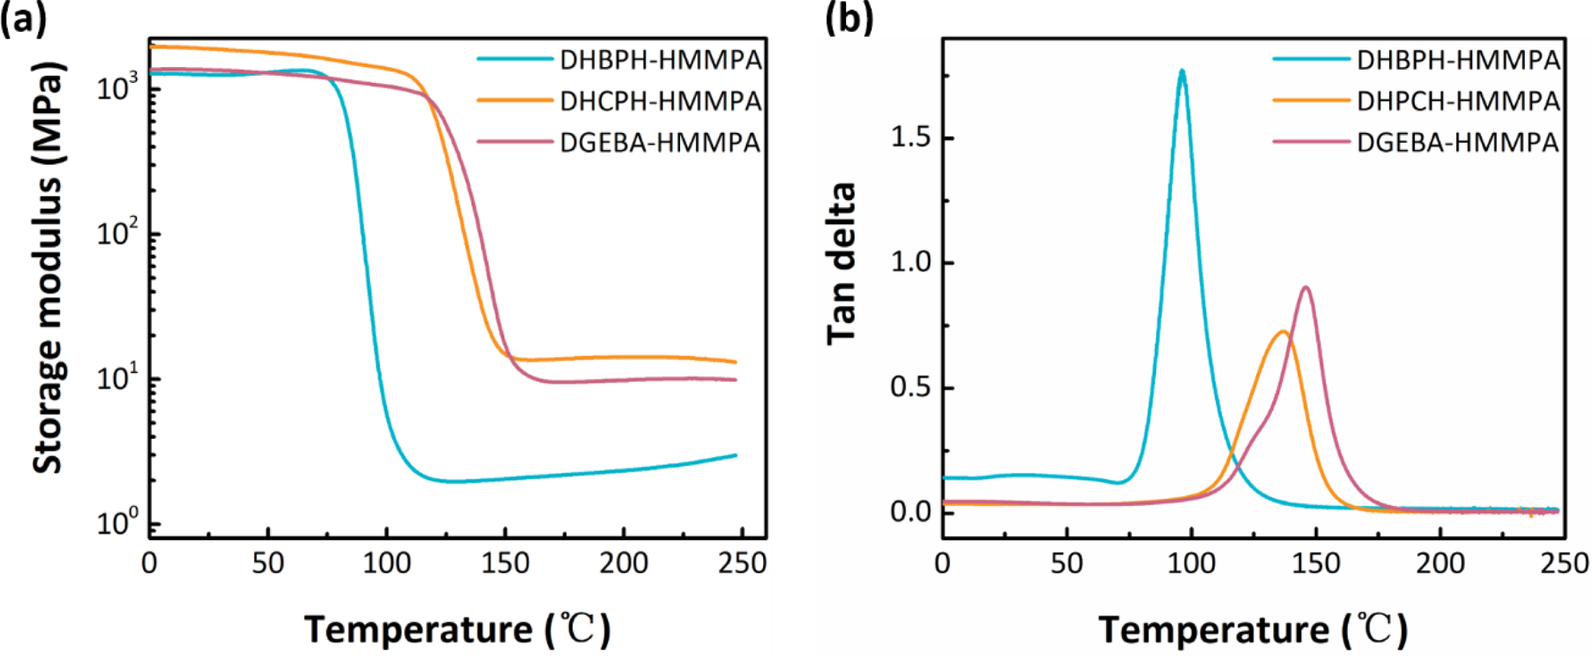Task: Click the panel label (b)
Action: (848, 18)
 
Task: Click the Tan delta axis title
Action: (842, 263)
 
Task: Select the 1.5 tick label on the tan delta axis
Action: (911, 137)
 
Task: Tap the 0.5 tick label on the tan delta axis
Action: (911, 388)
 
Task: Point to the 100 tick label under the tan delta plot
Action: (1191, 563)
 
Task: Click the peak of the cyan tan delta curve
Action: (1182, 71)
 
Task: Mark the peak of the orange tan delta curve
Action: (1283, 332)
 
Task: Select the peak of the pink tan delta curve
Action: (1306, 287)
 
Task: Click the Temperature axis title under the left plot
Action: (458, 629)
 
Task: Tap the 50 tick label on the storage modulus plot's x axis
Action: (268, 563)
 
